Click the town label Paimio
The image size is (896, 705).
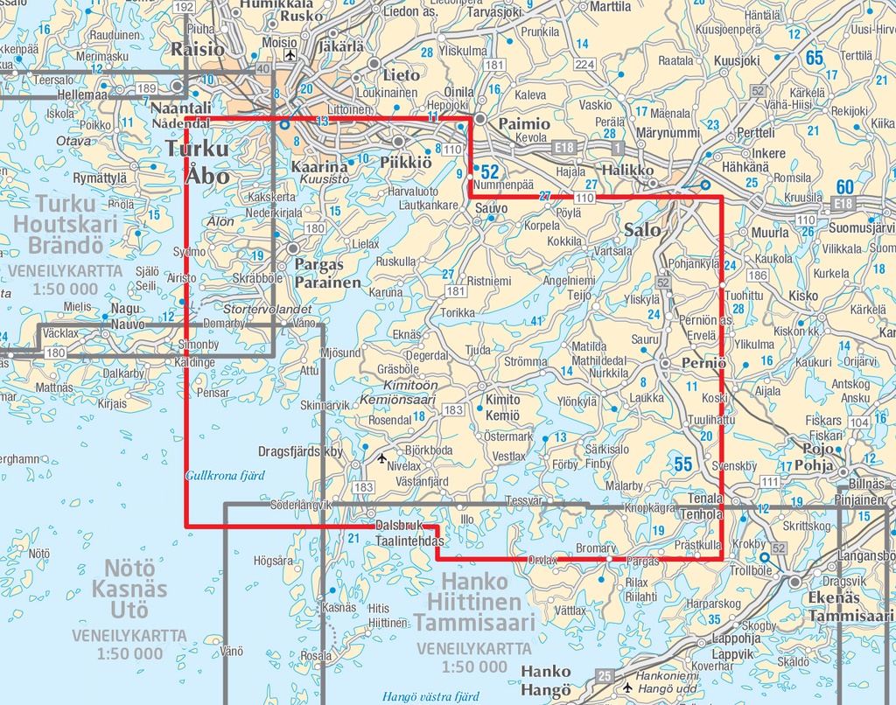524,124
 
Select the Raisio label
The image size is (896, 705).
198,49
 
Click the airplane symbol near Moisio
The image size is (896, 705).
290,56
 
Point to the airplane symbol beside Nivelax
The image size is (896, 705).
381,457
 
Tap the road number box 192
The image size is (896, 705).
183,7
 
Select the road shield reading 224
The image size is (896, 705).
584,65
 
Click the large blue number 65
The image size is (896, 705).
815,59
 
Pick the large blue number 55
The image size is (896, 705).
683,464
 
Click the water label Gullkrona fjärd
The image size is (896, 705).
225,475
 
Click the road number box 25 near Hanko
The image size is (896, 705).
605,674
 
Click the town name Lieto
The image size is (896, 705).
402,75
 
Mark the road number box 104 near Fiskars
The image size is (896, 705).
859,422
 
